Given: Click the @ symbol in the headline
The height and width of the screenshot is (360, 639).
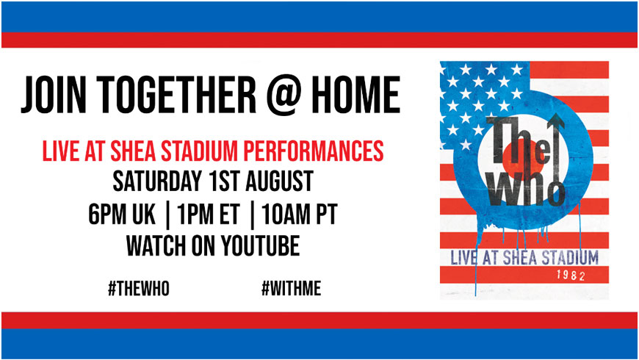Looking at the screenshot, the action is click(284, 96).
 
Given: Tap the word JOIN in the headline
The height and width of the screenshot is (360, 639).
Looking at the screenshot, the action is click(54, 96).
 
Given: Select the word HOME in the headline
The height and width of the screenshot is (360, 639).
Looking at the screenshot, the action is click(355, 96).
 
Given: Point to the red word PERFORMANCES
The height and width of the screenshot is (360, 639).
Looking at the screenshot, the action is click(314, 151).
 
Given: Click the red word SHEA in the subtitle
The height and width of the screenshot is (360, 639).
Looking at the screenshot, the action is click(133, 151).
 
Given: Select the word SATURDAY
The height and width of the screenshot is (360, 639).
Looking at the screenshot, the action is click(157, 181).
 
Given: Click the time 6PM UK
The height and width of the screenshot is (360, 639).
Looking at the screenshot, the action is click(122, 214).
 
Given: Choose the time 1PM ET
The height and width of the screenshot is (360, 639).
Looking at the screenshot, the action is click(209, 214).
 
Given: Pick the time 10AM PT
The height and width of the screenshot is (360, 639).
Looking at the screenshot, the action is click(299, 214).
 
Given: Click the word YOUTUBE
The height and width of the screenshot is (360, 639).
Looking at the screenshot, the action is click(261, 245).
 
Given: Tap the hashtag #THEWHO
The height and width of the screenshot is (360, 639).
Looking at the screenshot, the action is click(139, 289).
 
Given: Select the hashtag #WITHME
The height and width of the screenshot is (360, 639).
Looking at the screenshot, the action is click(292, 289).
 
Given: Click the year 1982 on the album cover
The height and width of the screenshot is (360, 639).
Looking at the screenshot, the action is click(571, 276).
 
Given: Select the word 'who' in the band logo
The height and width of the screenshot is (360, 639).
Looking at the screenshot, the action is click(527, 187).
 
